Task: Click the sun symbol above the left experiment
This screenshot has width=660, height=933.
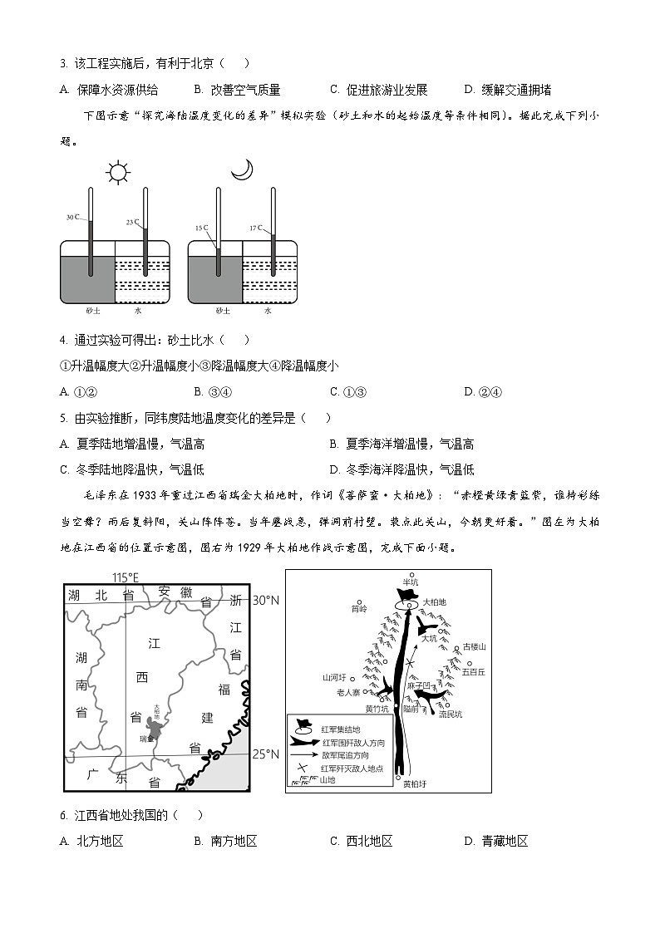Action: (x=119, y=173)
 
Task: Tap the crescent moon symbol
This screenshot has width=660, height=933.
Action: (x=242, y=169)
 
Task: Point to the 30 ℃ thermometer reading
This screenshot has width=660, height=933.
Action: (x=73, y=218)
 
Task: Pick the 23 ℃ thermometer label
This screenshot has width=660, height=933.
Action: (x=132, y=223)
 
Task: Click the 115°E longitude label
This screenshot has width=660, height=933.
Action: (x=126, y=577)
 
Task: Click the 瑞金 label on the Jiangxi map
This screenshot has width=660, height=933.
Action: (x=145, y=738)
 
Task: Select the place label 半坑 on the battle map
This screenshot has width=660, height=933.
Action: (x=408, y=582)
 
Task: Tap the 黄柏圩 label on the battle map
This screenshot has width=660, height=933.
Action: (x=413, y=783)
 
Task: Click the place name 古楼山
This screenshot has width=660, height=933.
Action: (x=474, y=646)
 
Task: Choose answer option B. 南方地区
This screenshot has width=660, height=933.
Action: (x=225, y=842)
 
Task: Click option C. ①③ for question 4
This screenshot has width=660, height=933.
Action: (x=347, y=392)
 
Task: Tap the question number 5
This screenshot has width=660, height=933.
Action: (x=63, y=418)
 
